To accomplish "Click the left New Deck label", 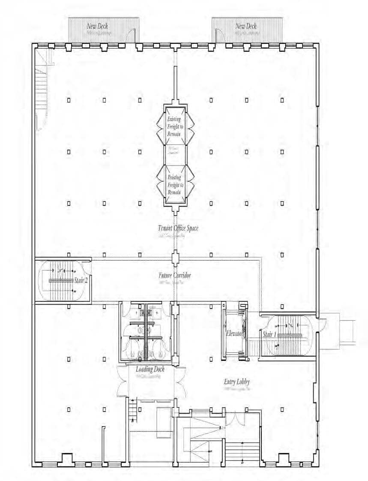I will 98,27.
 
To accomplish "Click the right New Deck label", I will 246,27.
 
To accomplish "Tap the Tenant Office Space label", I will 178,228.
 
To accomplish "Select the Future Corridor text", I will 175,275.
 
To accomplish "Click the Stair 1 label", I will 269,334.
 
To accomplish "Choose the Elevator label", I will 234,333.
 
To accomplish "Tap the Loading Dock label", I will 150,370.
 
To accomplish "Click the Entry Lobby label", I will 236,382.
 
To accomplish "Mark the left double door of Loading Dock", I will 123,381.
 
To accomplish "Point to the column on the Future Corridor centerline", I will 175,259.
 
